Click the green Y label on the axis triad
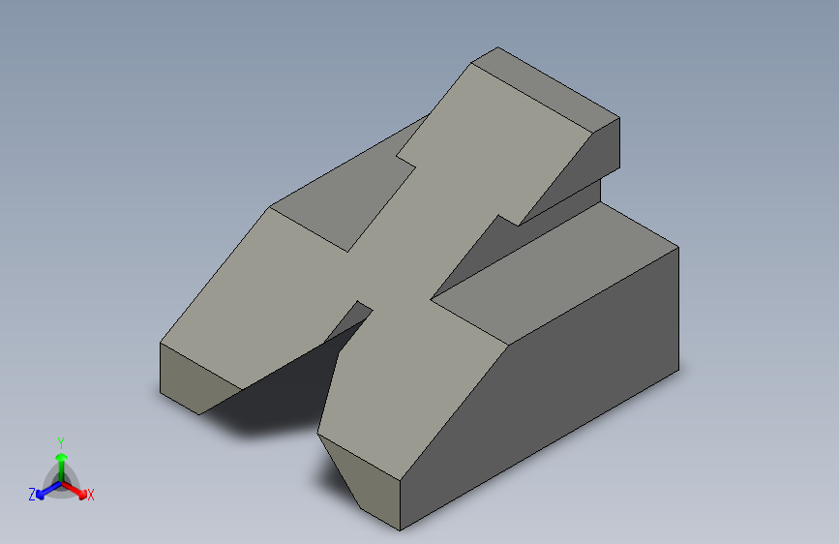pos(61,442)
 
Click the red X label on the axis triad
pos(90,495)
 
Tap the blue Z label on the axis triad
pos(32,494)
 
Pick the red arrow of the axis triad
pos(74,490)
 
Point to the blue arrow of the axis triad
pos(48,490)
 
